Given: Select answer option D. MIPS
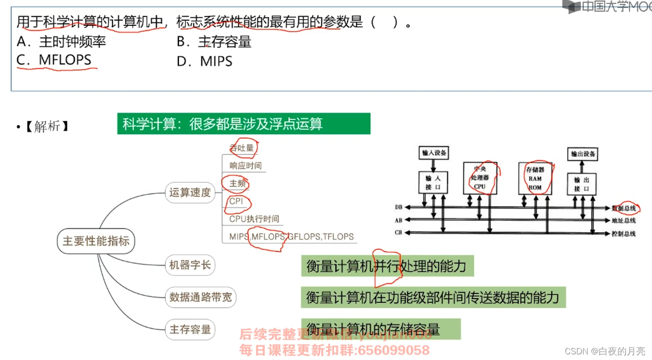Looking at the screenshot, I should click(205, 61).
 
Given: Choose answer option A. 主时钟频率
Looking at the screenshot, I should click(61, 42).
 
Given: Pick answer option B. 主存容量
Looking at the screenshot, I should click(214, 42).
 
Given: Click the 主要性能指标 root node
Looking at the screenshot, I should click(96, 241).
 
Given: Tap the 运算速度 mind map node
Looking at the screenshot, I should click(190, 192).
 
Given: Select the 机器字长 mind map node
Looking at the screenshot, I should click(190, 265).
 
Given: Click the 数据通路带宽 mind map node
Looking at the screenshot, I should click(200, 297).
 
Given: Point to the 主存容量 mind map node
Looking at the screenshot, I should click(190, 329).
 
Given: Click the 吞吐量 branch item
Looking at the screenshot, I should click(242, 148).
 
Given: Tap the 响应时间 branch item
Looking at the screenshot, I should click(245, 165).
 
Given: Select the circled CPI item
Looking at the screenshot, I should click(237, 202).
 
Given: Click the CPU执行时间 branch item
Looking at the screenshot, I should click(254, 219).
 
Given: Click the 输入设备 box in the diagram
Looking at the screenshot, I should click(434, 153).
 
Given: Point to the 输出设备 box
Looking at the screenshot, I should click(583, 154).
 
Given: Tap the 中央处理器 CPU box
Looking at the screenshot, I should click(480, 178).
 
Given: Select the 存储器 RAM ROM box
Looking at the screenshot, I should click(535, 178).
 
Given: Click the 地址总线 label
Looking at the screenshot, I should click(624, 220).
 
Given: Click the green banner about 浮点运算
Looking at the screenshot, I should click(243, 124).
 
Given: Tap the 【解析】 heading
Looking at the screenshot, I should click(46, 127).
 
